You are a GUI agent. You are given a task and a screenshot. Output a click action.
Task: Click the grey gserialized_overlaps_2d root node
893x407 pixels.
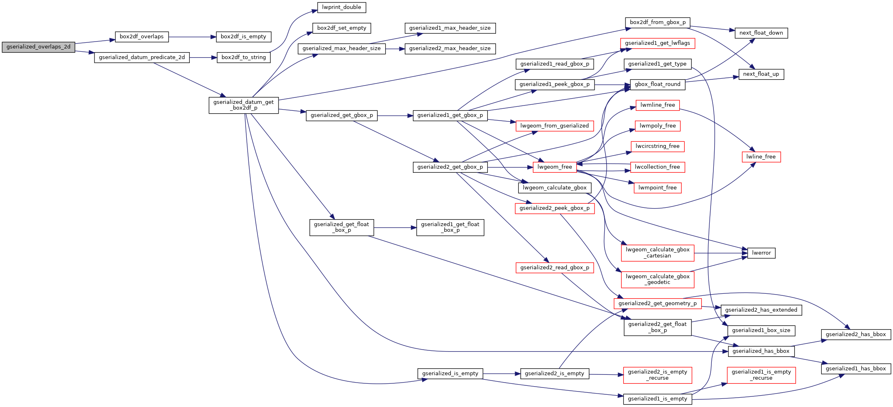click(x=38, y=47)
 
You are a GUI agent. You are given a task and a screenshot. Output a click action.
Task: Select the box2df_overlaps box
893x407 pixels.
click(x=141, y=37)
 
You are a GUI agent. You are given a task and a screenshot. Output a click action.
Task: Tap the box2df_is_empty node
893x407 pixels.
click(x=243, y=37)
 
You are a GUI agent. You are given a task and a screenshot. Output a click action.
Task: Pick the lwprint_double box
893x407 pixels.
click(x=341, y=7)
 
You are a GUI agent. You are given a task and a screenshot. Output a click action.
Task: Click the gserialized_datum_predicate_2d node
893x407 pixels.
click(x=142, y=57)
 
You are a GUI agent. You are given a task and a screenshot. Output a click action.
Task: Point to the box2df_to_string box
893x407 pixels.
click(x=244, y=57)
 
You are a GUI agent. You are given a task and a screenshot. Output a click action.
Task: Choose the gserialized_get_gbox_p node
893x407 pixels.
click(x=342, y=115)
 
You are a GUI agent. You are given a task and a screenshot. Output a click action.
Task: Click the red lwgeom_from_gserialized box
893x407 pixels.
click(x=554, y=126)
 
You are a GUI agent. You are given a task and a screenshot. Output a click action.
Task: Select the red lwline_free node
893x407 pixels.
click(x=761, y=157)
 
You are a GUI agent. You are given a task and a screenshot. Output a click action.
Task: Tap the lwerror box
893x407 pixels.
click(x=761, y=253)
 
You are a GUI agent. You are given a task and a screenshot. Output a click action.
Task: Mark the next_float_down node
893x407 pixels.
click(x=761, y=33)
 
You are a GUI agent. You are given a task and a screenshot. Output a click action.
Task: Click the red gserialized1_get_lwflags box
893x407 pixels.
click(x=657, y=43)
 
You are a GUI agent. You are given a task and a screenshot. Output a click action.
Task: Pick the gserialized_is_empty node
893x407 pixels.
click(x=450, y=374)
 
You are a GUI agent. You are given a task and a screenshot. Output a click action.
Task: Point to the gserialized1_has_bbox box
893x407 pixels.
click(x=856, y=369)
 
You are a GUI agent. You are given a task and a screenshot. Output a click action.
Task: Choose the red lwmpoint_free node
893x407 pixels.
click(x=657, y=188)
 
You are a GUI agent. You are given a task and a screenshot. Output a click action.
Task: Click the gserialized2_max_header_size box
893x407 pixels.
click(x=450, y=48)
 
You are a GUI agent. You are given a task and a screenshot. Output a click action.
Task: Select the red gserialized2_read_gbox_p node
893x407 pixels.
click(x=554, y=268)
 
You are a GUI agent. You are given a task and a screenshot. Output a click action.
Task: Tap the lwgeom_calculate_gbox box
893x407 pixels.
click(x=554, y=188)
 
